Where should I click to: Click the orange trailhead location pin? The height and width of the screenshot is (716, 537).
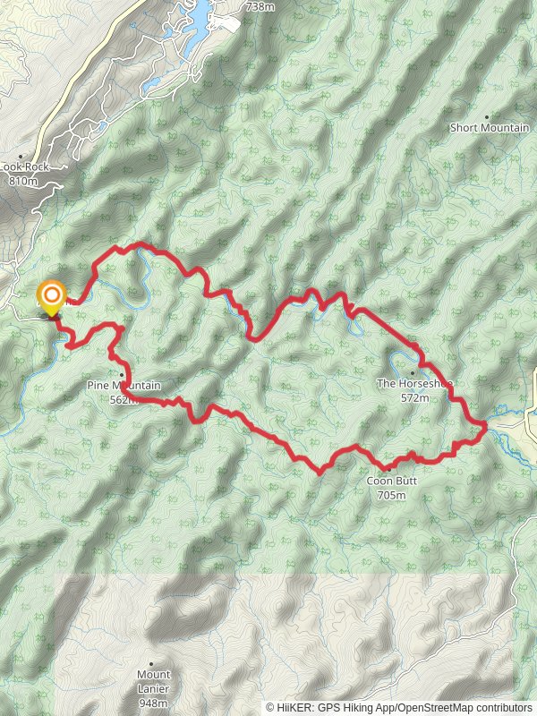[51, 296]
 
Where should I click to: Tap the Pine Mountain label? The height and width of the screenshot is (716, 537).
[124, 386]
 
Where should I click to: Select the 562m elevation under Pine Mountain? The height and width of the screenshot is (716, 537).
[124, 399]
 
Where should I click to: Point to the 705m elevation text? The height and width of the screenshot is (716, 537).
[392, 494]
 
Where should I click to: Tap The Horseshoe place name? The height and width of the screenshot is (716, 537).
[414, 384]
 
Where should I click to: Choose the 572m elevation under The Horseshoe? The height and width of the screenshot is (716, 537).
[415, 397]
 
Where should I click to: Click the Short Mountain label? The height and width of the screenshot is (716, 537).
[489, 128]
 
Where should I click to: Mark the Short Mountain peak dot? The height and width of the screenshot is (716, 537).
[487, 116]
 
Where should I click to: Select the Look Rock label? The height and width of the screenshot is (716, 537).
[22, 167]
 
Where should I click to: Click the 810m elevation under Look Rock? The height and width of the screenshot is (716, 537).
[22, 180]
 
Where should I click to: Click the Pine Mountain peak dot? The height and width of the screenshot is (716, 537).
[122, 374]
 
